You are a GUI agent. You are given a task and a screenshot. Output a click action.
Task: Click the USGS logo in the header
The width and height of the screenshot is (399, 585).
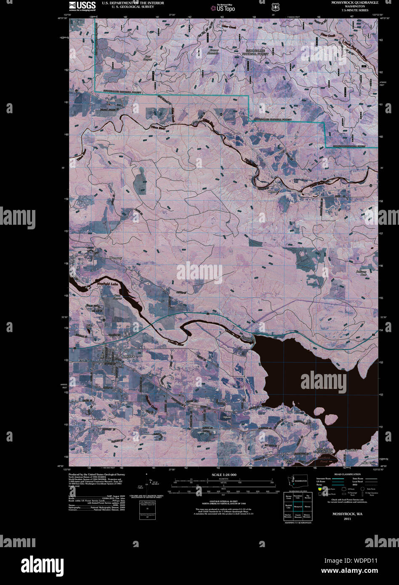point(82,5)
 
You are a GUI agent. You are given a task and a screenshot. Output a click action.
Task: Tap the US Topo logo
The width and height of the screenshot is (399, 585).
point(223,7)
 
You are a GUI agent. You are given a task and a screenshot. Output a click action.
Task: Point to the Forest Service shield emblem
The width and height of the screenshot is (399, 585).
point(275,7)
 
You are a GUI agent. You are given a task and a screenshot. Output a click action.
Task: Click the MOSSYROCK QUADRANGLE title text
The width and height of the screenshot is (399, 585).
point(354,3)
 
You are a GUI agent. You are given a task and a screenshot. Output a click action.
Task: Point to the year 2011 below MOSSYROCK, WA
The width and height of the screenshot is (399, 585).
point(347,519)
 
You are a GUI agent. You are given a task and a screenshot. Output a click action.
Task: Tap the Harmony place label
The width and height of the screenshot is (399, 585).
point(115,258)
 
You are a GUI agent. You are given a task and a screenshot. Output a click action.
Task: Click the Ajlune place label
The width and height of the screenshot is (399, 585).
point(227,417)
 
